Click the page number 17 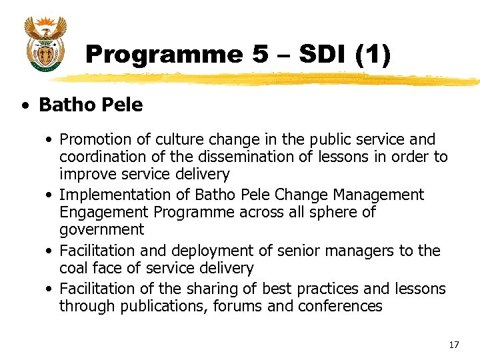click(454, 345)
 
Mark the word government click(101, 229)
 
